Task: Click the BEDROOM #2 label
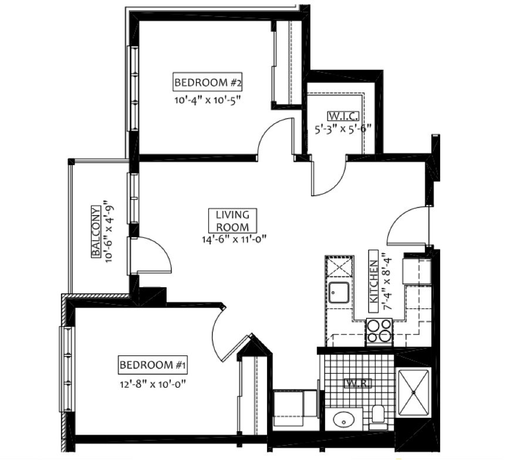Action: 208,82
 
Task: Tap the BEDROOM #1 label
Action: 153,365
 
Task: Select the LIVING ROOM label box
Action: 232,221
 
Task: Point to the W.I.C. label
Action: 343,116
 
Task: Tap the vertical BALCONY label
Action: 96,231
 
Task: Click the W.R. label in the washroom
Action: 357,383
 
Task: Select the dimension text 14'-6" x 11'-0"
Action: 234,239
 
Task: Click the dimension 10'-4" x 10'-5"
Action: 208,100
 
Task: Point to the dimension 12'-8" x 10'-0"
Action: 153,384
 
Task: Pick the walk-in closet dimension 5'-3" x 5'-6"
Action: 343,129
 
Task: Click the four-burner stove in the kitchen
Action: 379,331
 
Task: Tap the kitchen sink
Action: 339,293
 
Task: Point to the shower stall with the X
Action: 414,392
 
